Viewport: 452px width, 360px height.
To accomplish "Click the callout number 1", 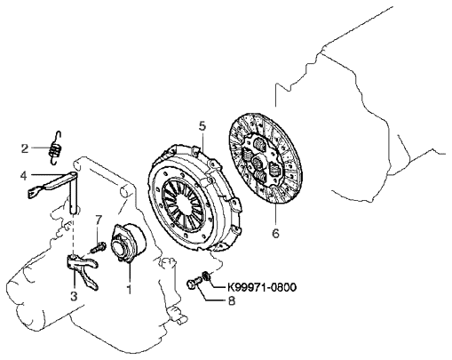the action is tap(129, 290).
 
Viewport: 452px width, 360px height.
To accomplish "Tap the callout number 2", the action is tap(25, 148).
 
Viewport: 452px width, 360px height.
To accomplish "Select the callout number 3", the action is tap(74, 295).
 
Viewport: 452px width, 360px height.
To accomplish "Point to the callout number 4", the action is tap(24, 175).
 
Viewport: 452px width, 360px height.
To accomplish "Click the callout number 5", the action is tap(202, 126).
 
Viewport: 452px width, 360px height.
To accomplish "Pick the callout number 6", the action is tap(275, 233).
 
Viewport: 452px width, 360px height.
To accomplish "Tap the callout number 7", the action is tap(99, 220).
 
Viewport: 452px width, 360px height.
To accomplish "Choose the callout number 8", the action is tap(232, 301).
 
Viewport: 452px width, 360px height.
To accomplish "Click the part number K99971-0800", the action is tap(262, 287).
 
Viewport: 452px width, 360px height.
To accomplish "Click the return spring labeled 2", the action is tap(55, 148).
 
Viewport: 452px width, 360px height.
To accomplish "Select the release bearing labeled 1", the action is tap(128, 243).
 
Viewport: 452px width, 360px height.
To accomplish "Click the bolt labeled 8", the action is tap(194, 283).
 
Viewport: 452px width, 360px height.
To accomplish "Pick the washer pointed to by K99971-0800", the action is tap(206, 276).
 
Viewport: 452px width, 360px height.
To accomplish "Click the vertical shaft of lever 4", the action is tap(74, 192).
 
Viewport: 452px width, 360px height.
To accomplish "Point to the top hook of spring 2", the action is tap(59, 136).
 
